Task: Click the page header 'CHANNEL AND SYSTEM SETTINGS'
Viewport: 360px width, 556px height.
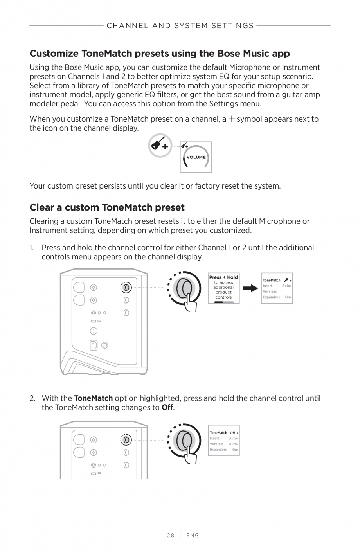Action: click(x=180, y=26)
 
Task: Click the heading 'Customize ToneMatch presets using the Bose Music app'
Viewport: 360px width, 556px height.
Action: click(x=160, y=53)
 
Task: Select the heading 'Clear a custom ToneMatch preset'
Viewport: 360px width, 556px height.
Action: click(x=107, y=207)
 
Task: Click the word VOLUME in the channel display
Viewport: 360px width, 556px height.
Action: click(x=196, y=157)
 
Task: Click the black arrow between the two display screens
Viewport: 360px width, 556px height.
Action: click(x=250, y=289)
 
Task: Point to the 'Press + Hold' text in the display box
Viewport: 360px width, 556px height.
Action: click(x=223, y=277)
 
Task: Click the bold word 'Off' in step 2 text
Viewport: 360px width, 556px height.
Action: click(x=167, y=407)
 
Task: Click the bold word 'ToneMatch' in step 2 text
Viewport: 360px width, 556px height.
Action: click(x=93, y=398)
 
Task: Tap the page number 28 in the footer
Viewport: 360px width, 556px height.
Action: click(x=171, y=535)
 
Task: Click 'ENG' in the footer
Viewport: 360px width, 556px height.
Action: click(x=193, y=535)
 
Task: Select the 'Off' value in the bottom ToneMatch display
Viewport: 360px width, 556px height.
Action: click(x=232, y=433)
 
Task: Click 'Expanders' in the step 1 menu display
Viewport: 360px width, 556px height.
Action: click(x=271, y=297)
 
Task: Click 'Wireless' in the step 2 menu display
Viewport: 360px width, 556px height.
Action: click(x=217, y=444)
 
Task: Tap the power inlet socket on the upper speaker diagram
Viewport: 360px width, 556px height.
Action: click(x=94, y=345)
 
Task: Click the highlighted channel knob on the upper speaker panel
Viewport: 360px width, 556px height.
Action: click(x=126, y=288)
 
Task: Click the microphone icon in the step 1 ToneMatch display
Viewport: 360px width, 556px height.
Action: click(x=286, y=280)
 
